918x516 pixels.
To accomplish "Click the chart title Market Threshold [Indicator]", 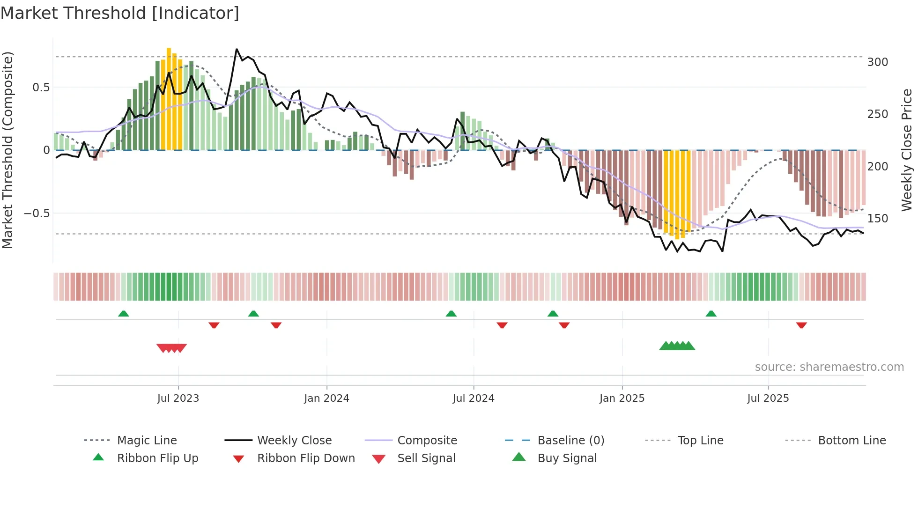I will pyautogui.click(x=120, y=13).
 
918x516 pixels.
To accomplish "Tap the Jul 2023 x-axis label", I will pyautogui.click(x=178, y=398).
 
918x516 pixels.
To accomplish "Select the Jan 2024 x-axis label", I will pyautogui.click(x=326, y=398).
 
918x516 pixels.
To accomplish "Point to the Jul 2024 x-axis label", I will pyautogui.click(x=473, y=398).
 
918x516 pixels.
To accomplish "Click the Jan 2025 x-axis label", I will pyautogui.click(x=622, y=398).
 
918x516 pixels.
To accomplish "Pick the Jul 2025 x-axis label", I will pyautogui.click(x=768, y=398).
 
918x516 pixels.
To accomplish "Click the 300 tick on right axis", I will pyautogui.click(x=877, y=62).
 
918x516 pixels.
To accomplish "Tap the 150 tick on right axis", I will pyautogui.click(x=877, y=219).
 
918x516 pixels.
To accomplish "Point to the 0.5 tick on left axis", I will pyautogui.click(x=41, y=88).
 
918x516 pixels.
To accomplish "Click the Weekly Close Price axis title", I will pyautogui.click(x=907, y=150).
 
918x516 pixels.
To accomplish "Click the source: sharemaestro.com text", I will pyautogui.click(x=829, y=367).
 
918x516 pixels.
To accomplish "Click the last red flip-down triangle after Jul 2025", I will pyautogui.click(x=801, y=325).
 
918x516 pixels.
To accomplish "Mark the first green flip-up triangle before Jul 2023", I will pyautogui.click(x=124, y=314).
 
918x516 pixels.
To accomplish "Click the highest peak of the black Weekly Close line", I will pyautogui.click(x=237, y=49).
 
